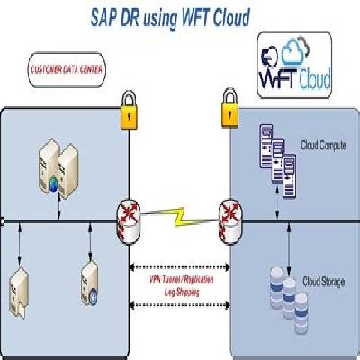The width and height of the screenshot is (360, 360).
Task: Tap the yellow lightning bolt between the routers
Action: pos(180,217)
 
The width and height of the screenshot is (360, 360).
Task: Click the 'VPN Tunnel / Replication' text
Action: pos(179,280)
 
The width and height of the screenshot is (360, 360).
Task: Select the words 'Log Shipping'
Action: pos(179,292)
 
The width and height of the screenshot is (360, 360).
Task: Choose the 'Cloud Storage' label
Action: pos(325,279)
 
